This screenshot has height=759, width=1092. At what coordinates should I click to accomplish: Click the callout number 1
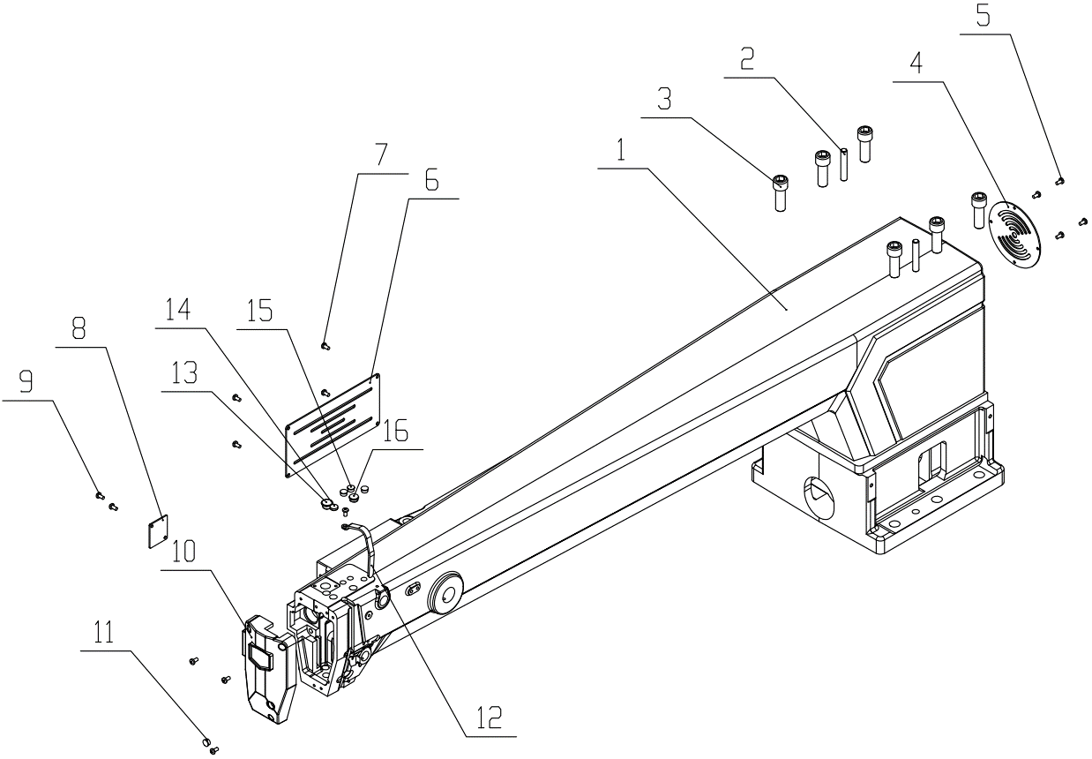coord(621,151)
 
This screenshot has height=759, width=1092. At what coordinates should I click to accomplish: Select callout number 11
coord(105,634)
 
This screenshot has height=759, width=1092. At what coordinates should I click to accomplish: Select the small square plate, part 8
coord(157,533)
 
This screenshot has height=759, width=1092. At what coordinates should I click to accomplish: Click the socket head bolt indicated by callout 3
coord(781,192)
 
